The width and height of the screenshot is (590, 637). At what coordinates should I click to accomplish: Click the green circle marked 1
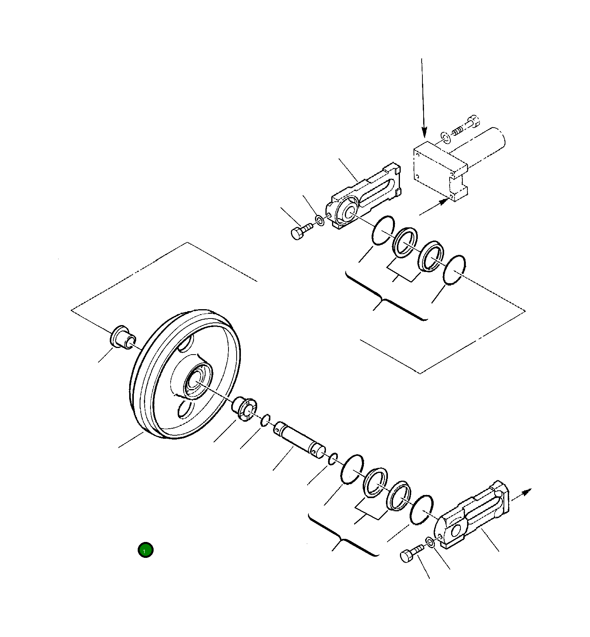click(x=145, y=550)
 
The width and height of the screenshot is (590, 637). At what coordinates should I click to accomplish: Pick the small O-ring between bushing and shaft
click(x=265, y=420)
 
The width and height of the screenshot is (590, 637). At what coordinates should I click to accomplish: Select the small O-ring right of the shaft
click(x=333, y=459)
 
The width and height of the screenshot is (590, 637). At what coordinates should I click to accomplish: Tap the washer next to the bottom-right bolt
click(x=430, y=542)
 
